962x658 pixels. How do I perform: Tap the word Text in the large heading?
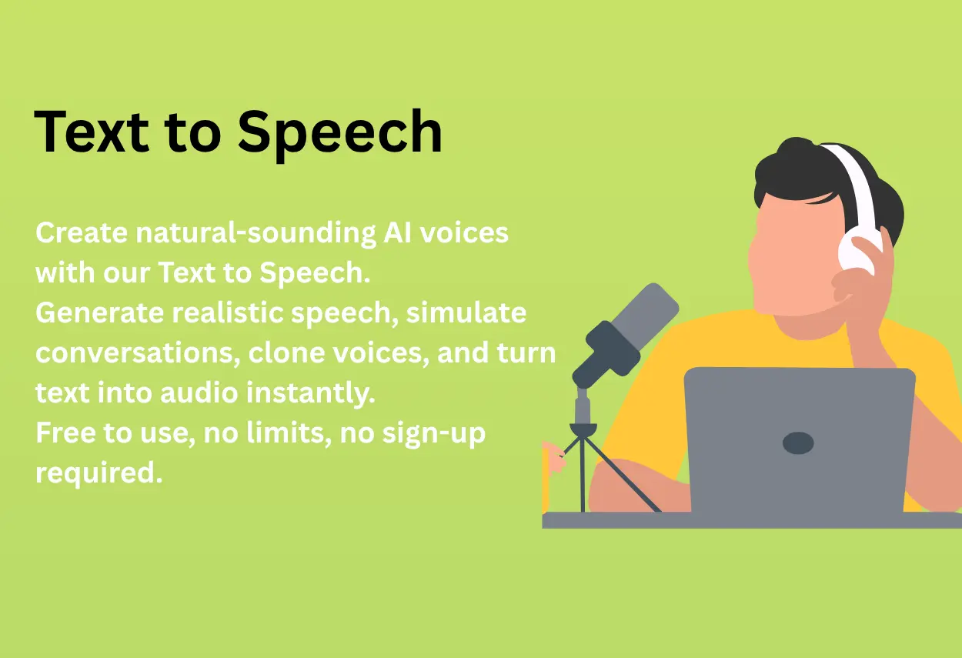pyautogui.click(x=90, y=131)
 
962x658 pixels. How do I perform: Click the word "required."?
pyautogui.click(x=99, y=473)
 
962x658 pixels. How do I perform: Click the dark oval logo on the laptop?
pyautogui.click(x=798, y=443)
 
